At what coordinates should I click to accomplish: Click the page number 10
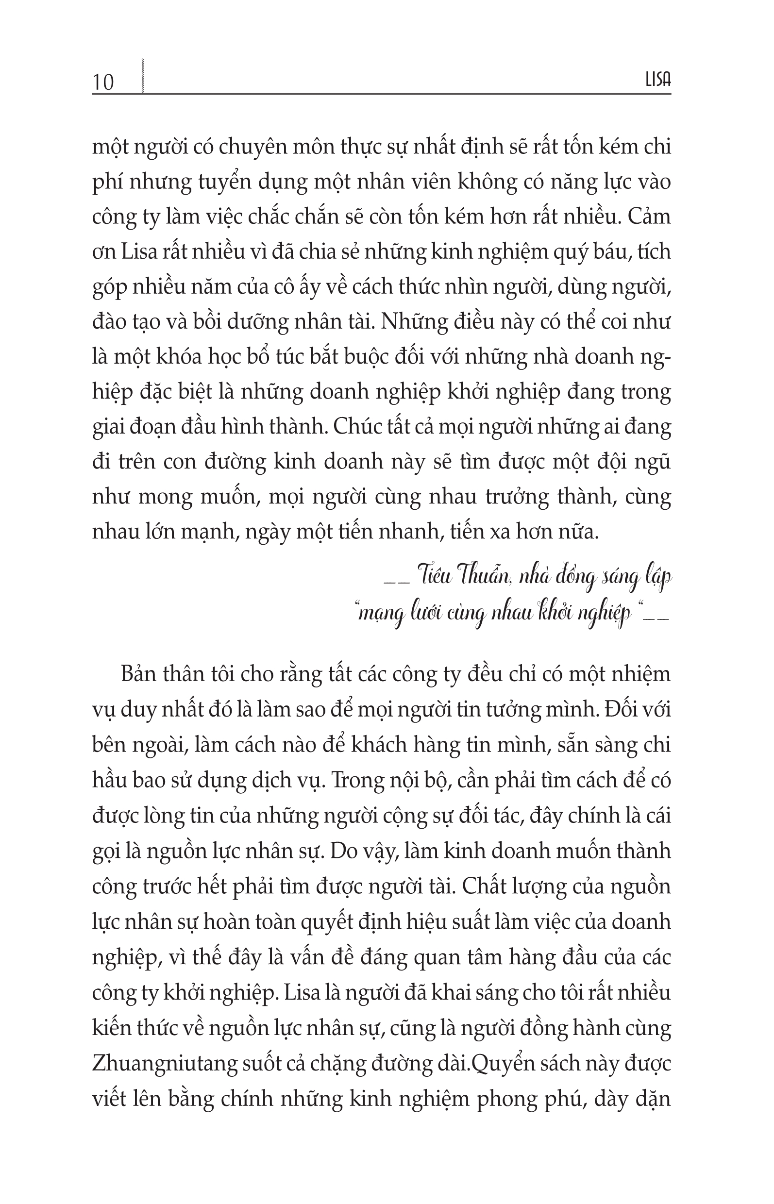pos(103,82)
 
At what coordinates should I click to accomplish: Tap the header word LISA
pos(658,81)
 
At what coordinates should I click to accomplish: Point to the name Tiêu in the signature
pos(433,576)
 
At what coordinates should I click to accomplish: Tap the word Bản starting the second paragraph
pos(138,674)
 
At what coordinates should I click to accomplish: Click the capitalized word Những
pos(414,321)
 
